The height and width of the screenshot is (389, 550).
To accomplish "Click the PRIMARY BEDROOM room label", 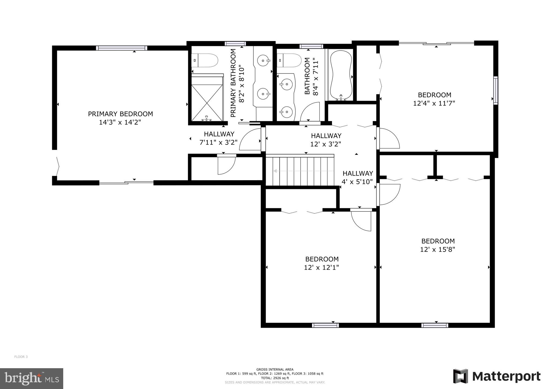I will point(120,114).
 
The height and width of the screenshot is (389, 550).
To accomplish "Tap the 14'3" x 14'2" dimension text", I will point(120,122).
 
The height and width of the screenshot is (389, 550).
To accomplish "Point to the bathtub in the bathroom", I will point(341,75).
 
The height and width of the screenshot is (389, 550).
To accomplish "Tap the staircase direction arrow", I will point(276,171).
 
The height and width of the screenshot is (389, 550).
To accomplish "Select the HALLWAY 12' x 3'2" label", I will point(326,140).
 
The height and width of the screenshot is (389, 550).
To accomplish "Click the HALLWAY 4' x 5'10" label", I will point(357,177).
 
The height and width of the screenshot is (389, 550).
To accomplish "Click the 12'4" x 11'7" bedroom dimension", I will point(434,103).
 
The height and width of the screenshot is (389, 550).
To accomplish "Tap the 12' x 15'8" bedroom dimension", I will point(437,249).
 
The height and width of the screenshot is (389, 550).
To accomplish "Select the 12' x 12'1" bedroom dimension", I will point(321,267).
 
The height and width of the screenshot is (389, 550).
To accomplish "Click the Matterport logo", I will point(497,376).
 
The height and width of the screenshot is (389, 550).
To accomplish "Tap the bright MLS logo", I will point(32,378).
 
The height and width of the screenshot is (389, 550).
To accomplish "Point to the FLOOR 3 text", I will point(21,357).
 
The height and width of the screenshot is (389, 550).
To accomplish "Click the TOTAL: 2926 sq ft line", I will point(275,378).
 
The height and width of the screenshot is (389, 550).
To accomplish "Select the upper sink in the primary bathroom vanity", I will point(263,61).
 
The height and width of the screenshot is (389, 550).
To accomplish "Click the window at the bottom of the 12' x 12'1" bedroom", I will point(325,325).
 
